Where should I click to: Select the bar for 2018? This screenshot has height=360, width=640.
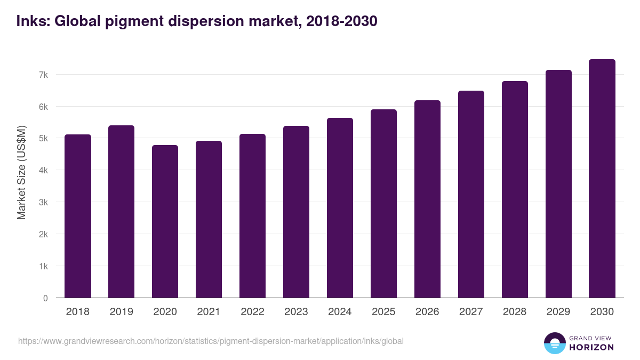click(x=78, y=216)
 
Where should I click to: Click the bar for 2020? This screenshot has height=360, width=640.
click(x=165, y=221)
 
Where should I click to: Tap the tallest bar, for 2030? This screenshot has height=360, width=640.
click(x=602, y=179)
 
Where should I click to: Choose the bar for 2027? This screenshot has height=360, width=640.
click(x=471, y=194)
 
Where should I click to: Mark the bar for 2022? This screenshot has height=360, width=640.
click(x=252, y=216)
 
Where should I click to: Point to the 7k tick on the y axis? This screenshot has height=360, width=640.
click(x=43, y=75)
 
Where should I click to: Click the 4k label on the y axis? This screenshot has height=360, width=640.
click(x=43, y=171)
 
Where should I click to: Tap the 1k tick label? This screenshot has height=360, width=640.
click(x=43, y=266)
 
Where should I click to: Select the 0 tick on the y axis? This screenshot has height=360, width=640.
click(x=45, y=298)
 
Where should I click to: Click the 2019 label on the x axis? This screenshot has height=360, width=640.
click(x=122, y=312)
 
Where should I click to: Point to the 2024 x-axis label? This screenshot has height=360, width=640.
click(x=340, y=312)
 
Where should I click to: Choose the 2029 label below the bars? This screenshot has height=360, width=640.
click(x=558, y=312)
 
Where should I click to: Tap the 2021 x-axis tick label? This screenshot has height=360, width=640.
click(x=209, y=312)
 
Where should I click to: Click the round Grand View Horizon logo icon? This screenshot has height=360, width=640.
click(x=554, y=343)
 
